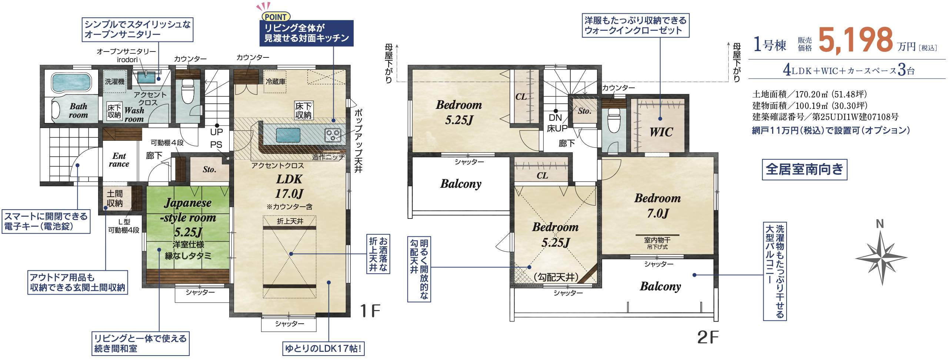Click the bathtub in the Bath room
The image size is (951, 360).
tap(71, 83)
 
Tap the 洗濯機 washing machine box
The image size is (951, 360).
tap(115, 81)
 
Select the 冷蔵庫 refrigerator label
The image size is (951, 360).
tap(276, 81)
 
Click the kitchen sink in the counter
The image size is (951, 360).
tap(288, 135)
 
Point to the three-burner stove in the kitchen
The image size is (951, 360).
tap(332, 135)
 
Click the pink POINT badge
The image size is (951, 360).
tap(276, 17)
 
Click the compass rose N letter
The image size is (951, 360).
tap(880, 224)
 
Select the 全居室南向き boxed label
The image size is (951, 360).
tap(804, 170)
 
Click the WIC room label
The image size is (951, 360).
tap(661, 132)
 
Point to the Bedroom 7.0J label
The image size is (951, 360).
tap(658, 206)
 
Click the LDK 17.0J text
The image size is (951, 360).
tap(289, 186)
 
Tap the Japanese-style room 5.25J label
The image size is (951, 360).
tap(188, 217)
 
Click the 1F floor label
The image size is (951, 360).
tap(371, 311)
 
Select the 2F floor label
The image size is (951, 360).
tap(708, 337)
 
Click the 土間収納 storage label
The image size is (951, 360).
tap(114, 198)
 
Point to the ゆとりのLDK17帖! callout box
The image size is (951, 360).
tap(323, 349)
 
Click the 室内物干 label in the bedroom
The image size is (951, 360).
tap(657, 240)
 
